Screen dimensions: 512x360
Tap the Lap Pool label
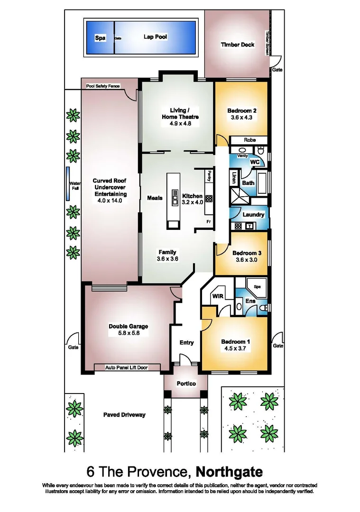(155, 37)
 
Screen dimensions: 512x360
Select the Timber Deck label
(237, 45)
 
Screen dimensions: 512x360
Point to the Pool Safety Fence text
(103, 86)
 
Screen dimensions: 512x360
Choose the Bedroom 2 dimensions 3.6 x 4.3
(241, 119)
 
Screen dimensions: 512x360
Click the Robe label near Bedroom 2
(249, 140)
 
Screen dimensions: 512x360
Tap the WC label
(255, 162)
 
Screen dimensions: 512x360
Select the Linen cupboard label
(234, 178)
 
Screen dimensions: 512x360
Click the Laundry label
(253, 215)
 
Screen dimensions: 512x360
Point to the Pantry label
(208, 176)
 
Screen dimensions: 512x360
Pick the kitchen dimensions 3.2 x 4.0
(193, 202)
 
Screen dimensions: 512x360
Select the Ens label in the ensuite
(250, 301)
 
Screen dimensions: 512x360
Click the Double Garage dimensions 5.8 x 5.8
(128, 333)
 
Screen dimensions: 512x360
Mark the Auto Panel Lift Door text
(127, 367)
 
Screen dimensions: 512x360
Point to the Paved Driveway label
(124, 415)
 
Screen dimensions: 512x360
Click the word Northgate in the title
(229, 473)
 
